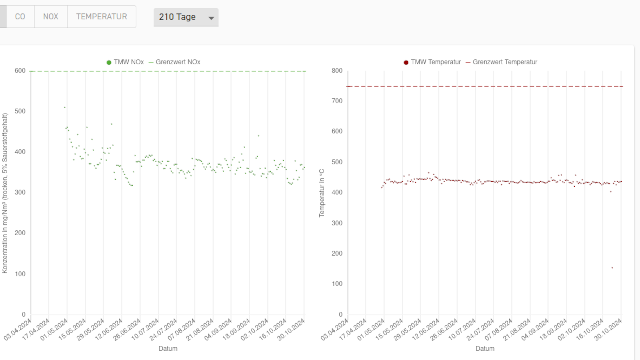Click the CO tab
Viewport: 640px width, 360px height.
pyautogui.click(x=20, y=17)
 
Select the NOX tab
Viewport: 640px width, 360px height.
pyautogui.click(x=51, y=17)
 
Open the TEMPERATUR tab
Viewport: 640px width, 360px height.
pyautogui.click(x=101, y=17)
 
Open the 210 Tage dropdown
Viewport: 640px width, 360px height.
pyautogui.click(x=186, y=17)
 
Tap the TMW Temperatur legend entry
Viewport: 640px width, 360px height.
pyautogui.click(x=432, y=62)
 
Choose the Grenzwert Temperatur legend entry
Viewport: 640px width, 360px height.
pyautogui.click(x=501, y=62)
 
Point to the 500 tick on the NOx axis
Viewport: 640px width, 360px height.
pyautogui.click(x=20, y=111)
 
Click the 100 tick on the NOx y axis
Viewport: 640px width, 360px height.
pyautogui.click(x=20, y=274)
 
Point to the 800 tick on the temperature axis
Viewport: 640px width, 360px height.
pyautogui.click(x=337, y=71)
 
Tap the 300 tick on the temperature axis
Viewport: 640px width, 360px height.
pyautogui.click(x=337, y=223)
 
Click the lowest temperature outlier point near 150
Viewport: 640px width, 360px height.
pyautogui.click(x=612, y=268)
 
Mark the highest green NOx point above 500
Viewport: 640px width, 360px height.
pyautogui.click(x=65, y=107)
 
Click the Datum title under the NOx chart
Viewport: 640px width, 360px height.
pyautogui.click(x=168, y=348)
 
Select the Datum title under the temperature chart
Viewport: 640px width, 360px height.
pyautogui.click(x=485, y=348)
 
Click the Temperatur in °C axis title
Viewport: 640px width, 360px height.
pyautogui.click(x=322, y=193)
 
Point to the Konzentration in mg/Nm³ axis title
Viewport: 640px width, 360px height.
pyautogui.click(x=5, y=193)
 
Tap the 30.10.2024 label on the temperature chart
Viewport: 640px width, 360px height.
pyautogui.click(x=608, y=330)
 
